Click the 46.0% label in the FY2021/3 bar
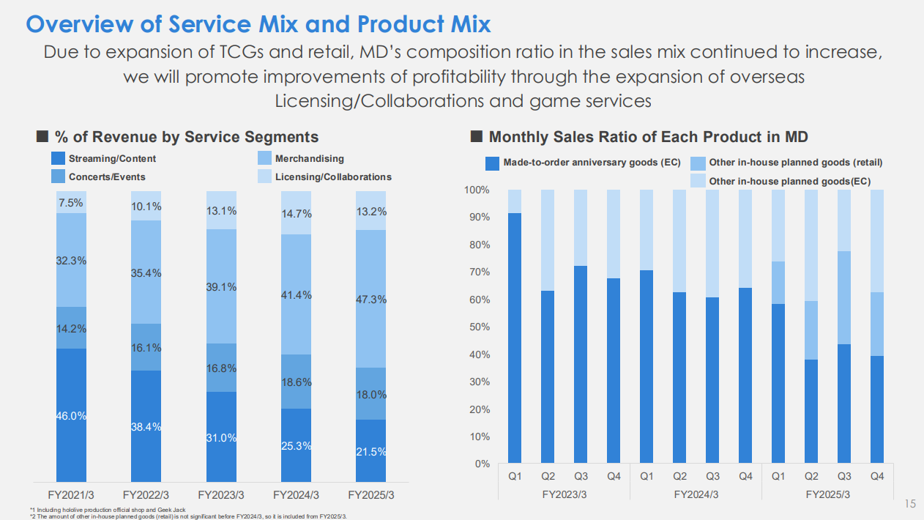(x=71, y=416)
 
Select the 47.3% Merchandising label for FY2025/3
(x=370, y=300)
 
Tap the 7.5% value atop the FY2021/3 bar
(x=71, y=203)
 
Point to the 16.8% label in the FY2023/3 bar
(x=221, y=368)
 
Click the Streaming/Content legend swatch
(x=58, y=158)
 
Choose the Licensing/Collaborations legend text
(x=333, y=177)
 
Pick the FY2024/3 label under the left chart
(x=295, y=494)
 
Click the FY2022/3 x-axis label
(x=146, y=494)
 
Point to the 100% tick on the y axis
(x=477, y=190)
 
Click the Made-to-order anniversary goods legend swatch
(x=492, y=163)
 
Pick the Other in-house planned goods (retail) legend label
(x=796, y=163)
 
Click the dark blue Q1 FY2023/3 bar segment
(x=515, y=337)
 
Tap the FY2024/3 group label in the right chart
(x=696, y=494)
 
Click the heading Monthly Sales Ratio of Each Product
(x=648, y=136)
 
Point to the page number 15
(x=910, y=505)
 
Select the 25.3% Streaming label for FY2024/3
(x=296, y=445)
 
